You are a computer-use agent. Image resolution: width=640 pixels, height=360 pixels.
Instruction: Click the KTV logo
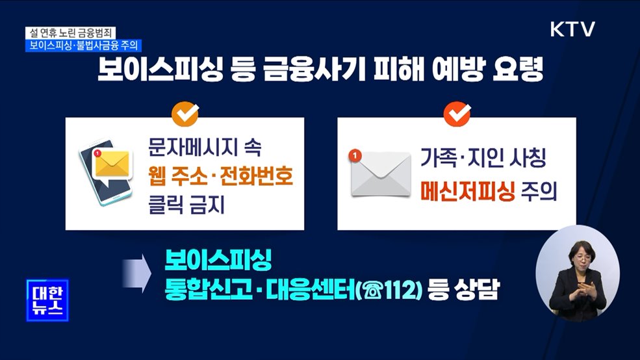pos(572,29)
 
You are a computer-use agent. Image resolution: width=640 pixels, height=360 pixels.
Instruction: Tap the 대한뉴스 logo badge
pos(47,300)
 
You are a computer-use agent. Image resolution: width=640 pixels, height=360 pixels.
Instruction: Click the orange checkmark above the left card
pos(185,114)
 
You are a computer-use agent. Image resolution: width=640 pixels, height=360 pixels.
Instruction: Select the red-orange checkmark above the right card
pos(457,114)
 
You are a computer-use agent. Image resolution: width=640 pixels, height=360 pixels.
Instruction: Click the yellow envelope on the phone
pos(113,165)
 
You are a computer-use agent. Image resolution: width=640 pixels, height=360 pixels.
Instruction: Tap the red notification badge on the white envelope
pos(354,156)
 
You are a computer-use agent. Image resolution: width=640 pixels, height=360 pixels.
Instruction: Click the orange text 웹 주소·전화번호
pos(220,176)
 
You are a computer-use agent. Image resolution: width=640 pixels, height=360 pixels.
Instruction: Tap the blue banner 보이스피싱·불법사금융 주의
pos(84,45)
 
